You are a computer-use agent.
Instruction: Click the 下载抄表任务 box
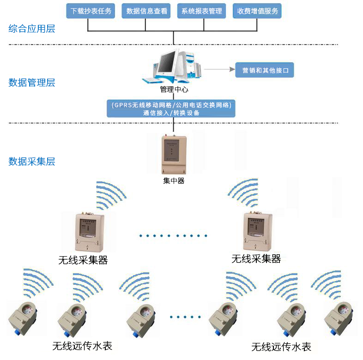(x=91, y=11)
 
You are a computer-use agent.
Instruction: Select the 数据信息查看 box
(x=146, y=11)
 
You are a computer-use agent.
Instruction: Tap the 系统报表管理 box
(x=202, y=11)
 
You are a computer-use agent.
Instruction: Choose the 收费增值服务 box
(x=257, y=11)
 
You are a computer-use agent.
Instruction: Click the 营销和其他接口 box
(x=265, y=71)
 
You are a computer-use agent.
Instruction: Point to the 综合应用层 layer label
(x=32, y=29)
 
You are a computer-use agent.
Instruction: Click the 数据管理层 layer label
(x=32, y=83)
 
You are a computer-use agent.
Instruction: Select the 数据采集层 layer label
(x=32, y=162)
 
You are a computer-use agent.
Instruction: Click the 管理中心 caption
(x=174, y=89)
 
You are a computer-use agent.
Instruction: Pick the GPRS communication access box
(x=171, y=108)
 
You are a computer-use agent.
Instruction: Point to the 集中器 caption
(x=174, y=181)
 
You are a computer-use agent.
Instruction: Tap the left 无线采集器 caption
(x=83, y=260)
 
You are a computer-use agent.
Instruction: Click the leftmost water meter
(x=26, y=318)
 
